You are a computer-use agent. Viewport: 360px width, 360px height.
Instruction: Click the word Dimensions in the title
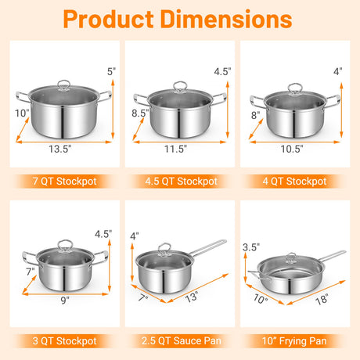click(x=226, y=19)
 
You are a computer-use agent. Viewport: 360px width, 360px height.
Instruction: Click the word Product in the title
click(x=108, y=19)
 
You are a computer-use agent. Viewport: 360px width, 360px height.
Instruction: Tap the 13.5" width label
click(x=60, y=149)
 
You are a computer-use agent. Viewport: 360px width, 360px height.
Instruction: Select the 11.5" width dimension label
click(x=175, y=149)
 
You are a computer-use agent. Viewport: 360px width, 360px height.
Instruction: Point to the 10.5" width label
click(x=292, y=149)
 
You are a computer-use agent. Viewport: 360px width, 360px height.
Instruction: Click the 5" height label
click(x=111, y=71)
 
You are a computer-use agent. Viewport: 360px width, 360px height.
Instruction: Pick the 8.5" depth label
click(x=140, y=113)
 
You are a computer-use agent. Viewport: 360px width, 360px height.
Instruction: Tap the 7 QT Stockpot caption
click(x=65, y=182)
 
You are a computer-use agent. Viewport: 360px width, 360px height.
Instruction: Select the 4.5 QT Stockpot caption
click(x=181, y=182)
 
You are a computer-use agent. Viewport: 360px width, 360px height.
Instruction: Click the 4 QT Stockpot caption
click(x=295, y=182)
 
